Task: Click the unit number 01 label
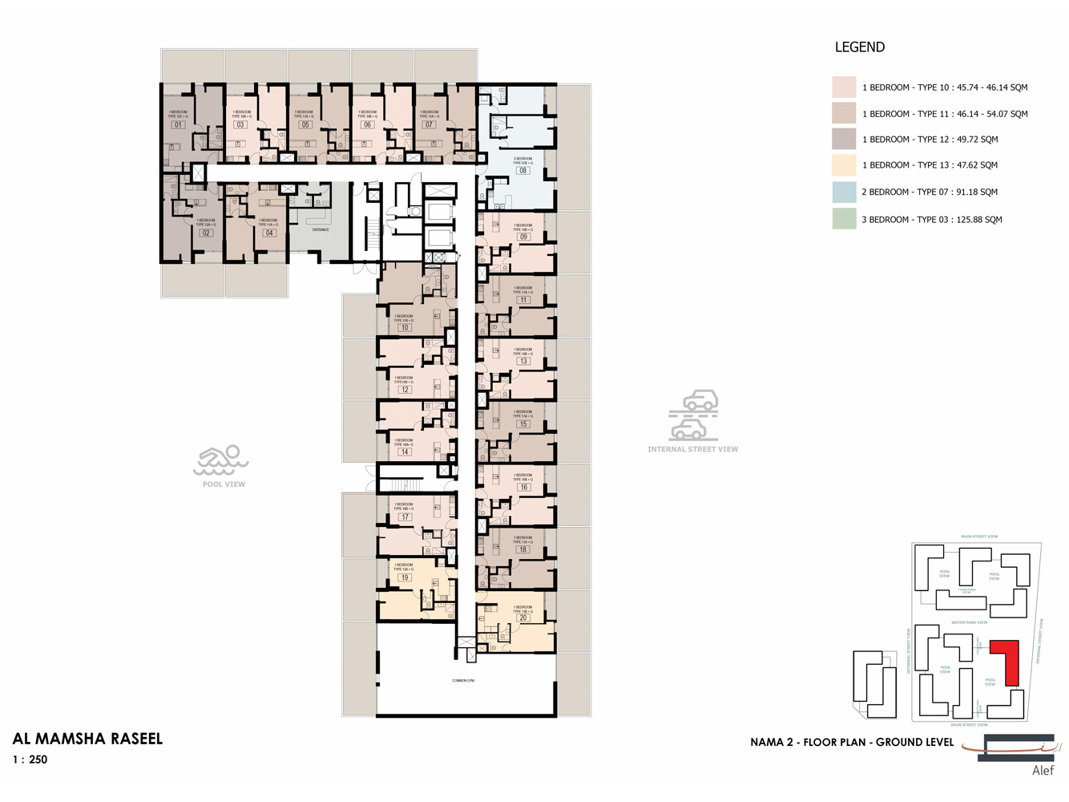tap(178, 125)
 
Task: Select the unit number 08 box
tap(522, 171)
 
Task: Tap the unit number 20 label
tap(522, 618)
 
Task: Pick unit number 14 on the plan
tap(405, 452)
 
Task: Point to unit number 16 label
tap(523, 487)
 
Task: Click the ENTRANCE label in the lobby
tap(321, 230)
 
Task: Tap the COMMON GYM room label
tap(463, 681)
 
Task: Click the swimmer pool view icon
tap(221, 460)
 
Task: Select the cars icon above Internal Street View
tap(694, 415)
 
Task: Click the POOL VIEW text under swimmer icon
tap(224, 484)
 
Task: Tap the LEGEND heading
tap(859, 47)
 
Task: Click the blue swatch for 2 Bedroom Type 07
tap(844, 192)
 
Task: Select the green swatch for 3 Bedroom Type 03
tap(844, 219)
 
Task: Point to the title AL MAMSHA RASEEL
tap(87, 739)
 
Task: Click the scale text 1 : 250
tap(30, 759)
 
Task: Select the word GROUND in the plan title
tap(896, 743)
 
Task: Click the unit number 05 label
tap(305, 125)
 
